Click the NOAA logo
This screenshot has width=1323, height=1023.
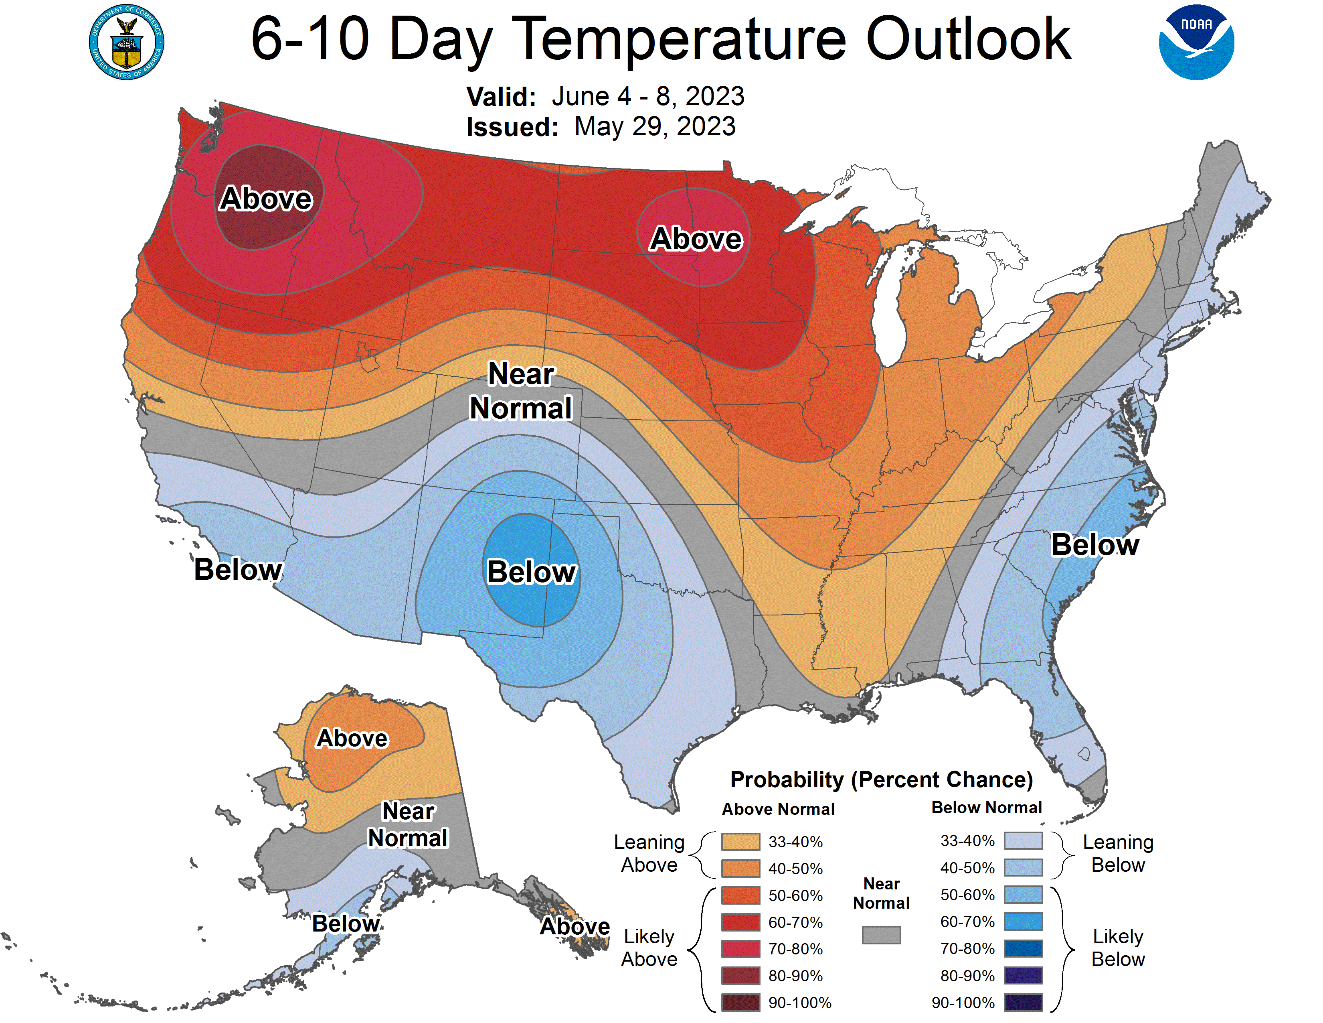coord(1196,43)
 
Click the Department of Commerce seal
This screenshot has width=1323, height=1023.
coord(127,43)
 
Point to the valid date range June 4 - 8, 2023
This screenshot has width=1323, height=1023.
coord(647,96)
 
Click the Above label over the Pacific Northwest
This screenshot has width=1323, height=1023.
coord(266,199)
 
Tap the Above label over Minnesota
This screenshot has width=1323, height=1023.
coord(696,239)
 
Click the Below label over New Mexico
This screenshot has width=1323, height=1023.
coord(531,572)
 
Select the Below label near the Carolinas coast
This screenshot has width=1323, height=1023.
coord(1094,544)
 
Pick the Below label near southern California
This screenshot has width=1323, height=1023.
coord(238,570)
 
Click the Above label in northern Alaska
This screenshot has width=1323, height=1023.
coord(352,738)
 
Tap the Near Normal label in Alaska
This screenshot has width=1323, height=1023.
coord(408,825)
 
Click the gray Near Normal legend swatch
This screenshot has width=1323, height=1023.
coord(881,934)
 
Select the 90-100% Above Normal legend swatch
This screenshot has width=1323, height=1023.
coord(740,1003)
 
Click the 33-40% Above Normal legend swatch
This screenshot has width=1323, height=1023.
coord(740,842)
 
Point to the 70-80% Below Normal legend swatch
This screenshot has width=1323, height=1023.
coord(1023,948)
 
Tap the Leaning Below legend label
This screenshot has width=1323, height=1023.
coord(1118,853)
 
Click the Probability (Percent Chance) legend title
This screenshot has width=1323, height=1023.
coord(881,779)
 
